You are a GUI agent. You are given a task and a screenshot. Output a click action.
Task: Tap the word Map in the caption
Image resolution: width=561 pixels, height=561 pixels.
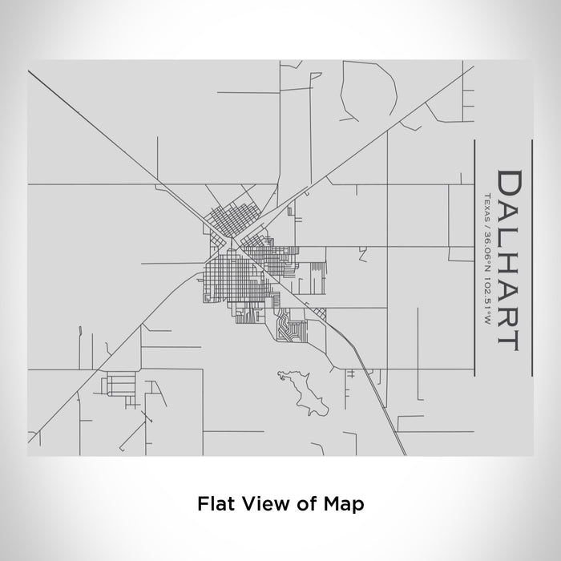(346, 504)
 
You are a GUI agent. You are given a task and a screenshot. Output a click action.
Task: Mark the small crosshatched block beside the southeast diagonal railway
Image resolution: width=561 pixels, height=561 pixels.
(318, 313)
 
